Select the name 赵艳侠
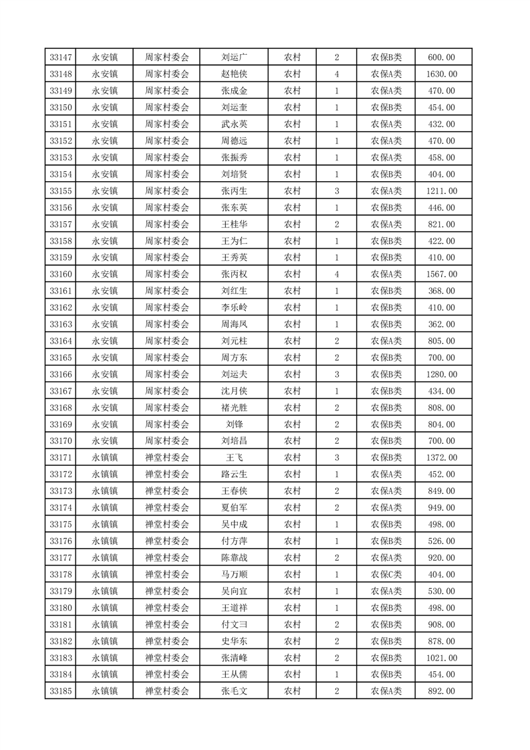pos(235,74)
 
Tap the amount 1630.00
pos(441,74)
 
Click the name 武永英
pos(235,124)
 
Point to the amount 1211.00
pos(441,191)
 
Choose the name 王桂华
pos(235,225)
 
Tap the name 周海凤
pos(235,324)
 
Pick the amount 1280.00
pos(441,374)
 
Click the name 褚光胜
pos(235,408)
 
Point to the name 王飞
pos(235,458)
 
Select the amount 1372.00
pos(441,458)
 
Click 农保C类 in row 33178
pos(386,574)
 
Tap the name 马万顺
pos(235,574)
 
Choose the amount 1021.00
pos(441,658)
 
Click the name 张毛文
pos(235,691)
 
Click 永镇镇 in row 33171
pos(105,458)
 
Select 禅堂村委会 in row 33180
pos(167,608)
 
